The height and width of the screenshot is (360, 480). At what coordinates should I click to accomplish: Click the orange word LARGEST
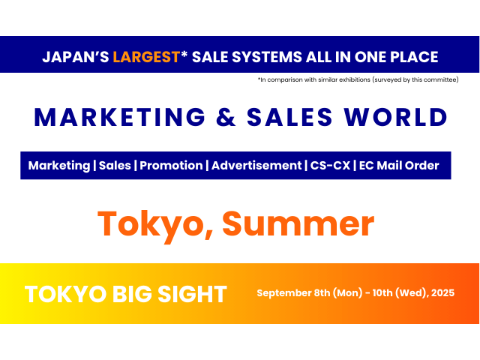click(145, 57)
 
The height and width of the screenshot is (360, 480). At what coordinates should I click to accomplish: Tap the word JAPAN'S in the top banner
click(75, 57)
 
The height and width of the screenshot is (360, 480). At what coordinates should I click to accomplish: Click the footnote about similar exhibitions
click(357, 79)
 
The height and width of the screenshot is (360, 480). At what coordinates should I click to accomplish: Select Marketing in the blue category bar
click(58, 166)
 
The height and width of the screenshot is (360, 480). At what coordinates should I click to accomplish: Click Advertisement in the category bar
click(257, 166)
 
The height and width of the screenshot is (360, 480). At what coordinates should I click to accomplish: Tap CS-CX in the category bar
click(330, 166)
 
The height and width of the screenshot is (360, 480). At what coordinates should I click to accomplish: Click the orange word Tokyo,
click(154, 223)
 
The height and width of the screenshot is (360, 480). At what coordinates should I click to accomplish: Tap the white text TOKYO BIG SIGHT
click(126, 294)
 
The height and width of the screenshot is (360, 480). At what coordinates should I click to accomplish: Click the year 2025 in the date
click(442, 292)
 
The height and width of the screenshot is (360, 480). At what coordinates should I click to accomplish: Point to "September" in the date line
click(286, 292)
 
